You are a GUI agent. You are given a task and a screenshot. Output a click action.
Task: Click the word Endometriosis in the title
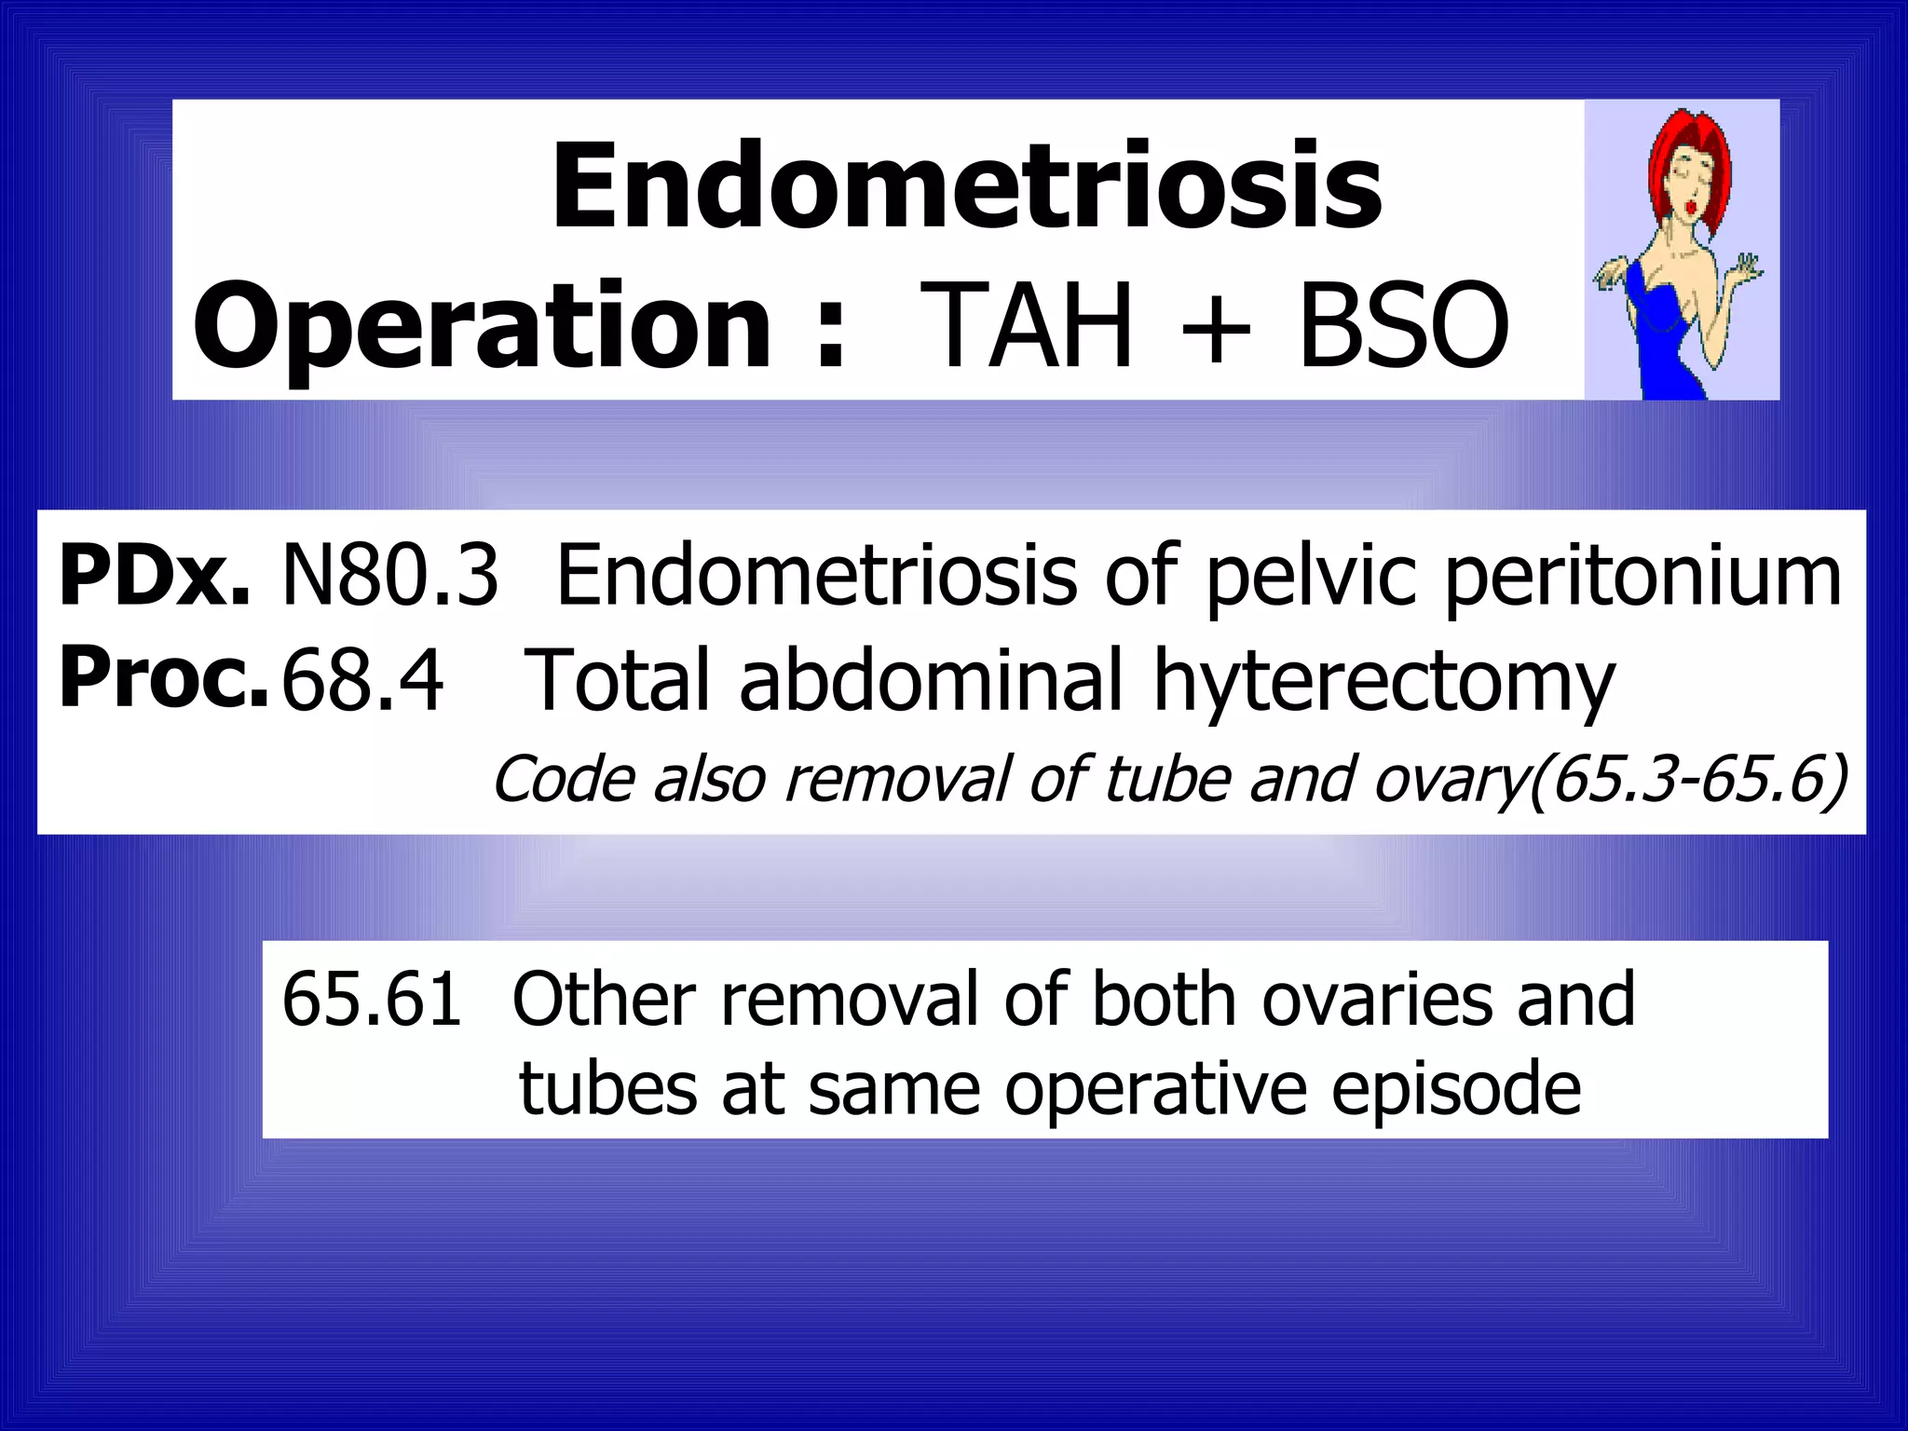pyautogui.click(x=966, y=186)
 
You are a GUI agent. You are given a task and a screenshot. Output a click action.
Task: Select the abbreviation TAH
pyautogui.click(x=1027, y=326)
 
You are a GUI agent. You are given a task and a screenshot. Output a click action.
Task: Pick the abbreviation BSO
pyautogui.click(x=1403, y=326)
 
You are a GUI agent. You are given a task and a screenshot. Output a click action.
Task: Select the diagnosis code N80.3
pyautogui.click(x=389, y=578)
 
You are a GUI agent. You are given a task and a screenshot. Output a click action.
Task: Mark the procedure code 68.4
pyautogui.click(x=361, y=680)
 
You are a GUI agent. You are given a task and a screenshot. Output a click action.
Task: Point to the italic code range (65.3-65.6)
pyautogui.click(x=1686, y=780)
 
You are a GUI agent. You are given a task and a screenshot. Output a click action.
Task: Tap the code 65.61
pyautogui.click(x=371, y=1000)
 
